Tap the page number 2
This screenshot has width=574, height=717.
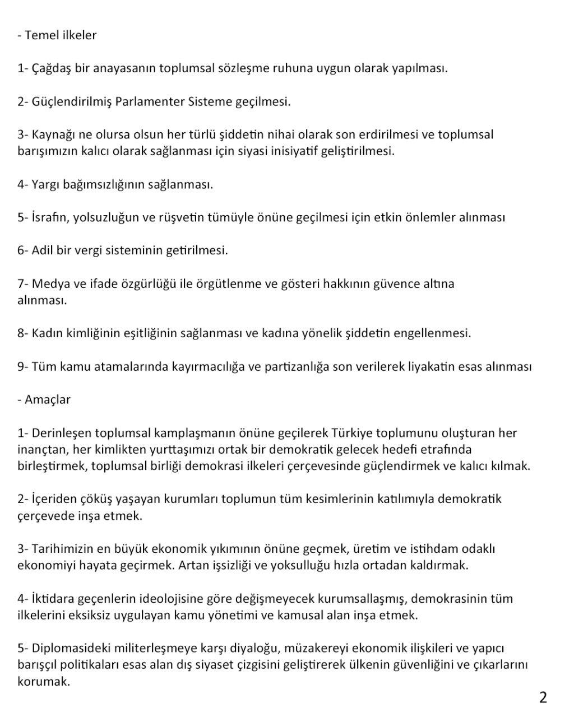pos(543,697)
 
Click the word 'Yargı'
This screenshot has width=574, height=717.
pos(46,184)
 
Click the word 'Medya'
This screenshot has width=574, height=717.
pos(50,283)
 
